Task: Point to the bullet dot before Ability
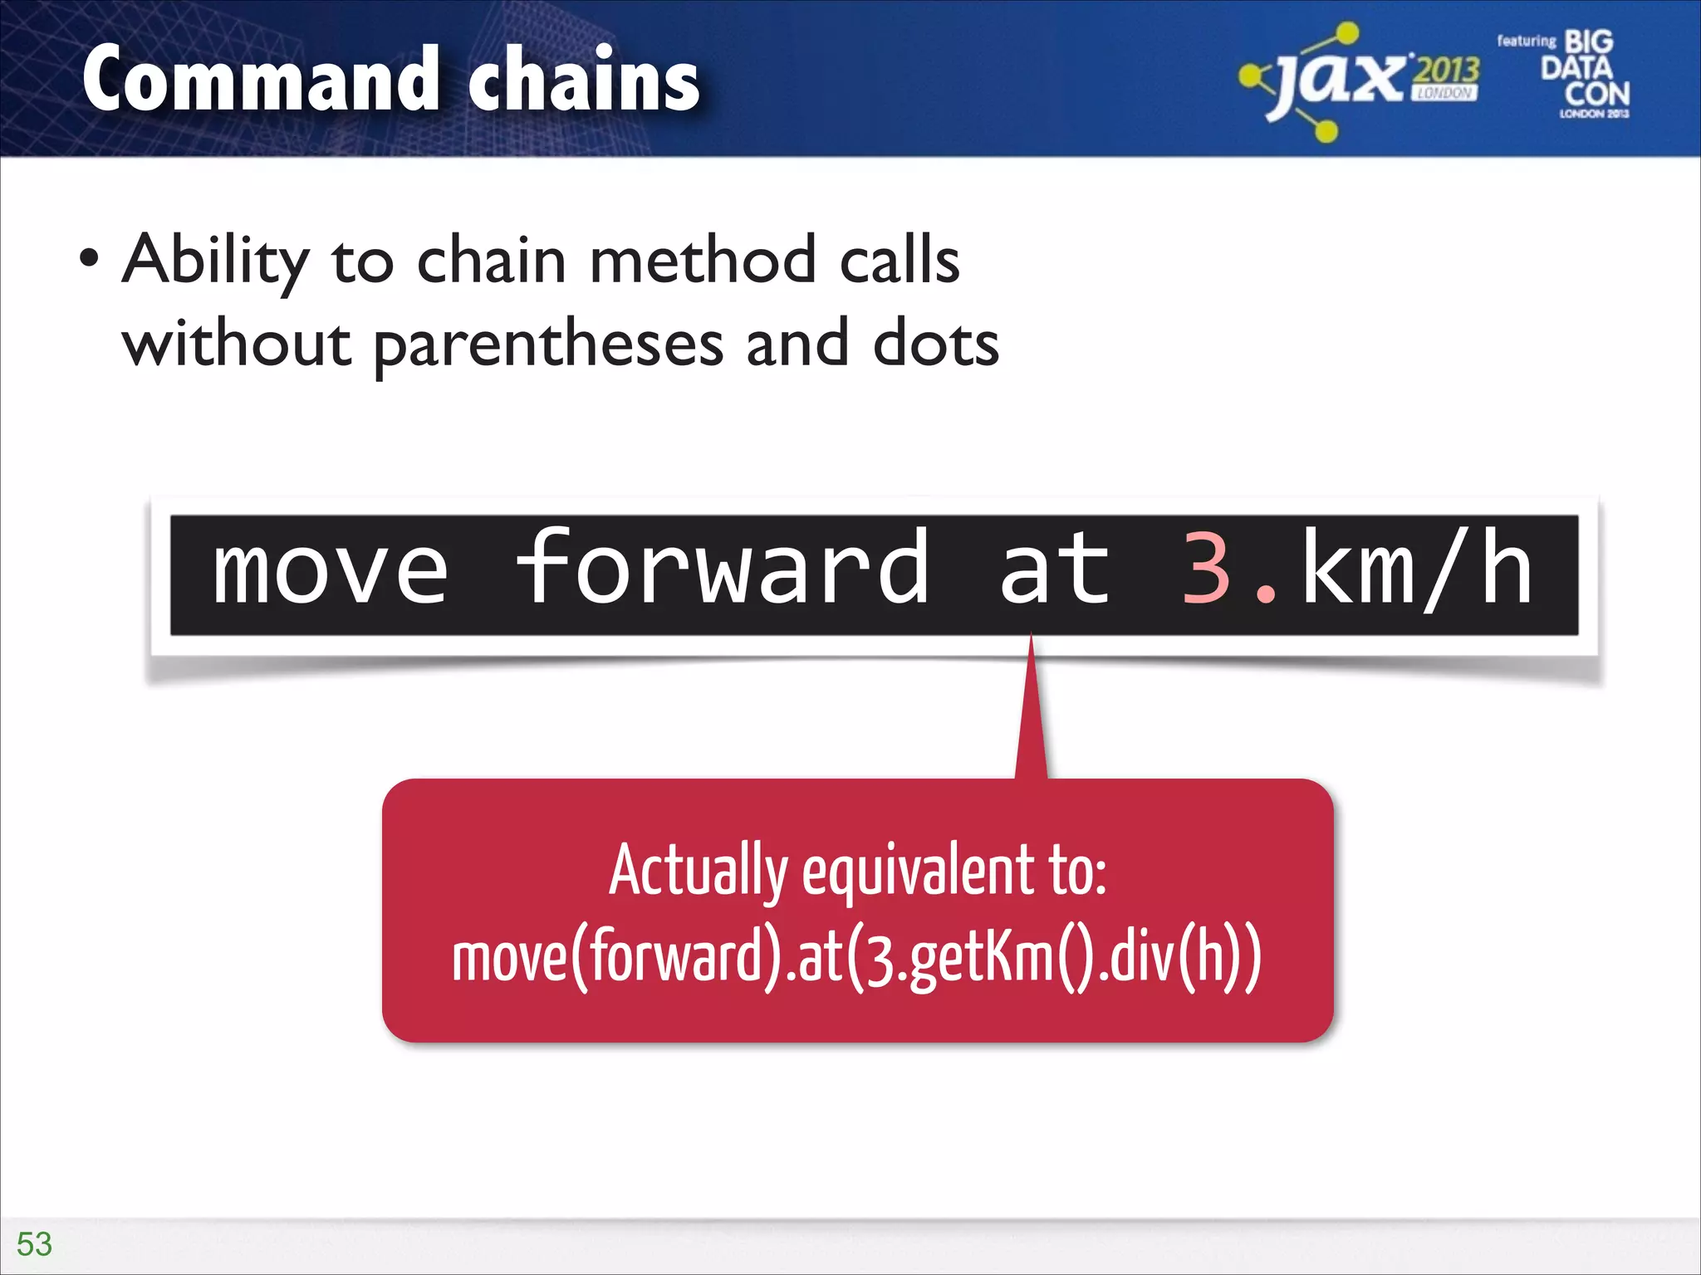tap(89, 259)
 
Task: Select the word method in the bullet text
tap(703, 261)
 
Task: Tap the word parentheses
tap(548, 345)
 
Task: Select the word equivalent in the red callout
tap(917, 872)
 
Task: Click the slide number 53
tap(34, 1244)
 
